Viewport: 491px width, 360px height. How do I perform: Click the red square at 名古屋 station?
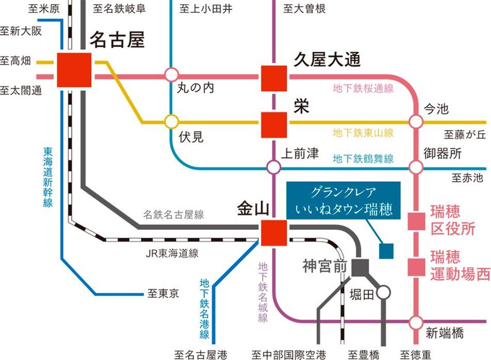click(74, 69)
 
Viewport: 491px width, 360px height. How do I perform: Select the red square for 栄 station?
click(273, 124)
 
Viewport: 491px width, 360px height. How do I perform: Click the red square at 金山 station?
click(273, 233)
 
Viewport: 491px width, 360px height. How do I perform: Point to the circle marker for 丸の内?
click(171, 75)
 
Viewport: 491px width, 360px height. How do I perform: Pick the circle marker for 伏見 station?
click(171, 122)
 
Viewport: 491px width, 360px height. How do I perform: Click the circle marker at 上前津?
click(273, 167)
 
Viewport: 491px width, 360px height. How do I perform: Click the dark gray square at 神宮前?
click(359, 267)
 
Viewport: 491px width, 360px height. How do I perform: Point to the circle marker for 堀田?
click(383, 293)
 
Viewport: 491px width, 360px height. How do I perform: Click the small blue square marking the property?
click(386, 251)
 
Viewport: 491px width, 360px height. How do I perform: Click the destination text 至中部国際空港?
click(289, 355)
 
